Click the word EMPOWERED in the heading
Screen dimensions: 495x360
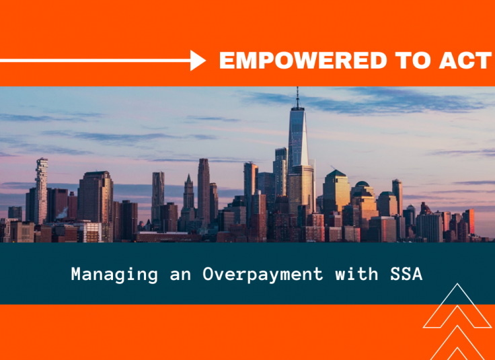(303, 61)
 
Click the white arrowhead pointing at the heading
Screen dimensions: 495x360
(198, 61)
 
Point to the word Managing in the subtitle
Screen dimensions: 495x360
(114, 275)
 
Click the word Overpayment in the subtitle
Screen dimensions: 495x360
(263, 275)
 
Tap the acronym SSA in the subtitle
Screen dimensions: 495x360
(406, 274)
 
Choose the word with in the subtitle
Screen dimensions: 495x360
(356, 273)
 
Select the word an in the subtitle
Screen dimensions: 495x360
(180, 275)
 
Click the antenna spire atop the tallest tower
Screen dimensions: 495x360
(297, 98)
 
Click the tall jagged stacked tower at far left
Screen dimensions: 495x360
(41, 191)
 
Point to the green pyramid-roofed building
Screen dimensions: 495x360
(336, 192)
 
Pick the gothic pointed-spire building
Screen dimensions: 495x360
(189, 196)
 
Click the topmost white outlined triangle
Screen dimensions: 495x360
(457, 305)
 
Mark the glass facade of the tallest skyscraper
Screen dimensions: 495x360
(299, 142)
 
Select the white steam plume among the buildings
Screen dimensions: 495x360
(63, 213)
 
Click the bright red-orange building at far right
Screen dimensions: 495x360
(469, 221)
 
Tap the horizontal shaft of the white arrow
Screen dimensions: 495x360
(96, 61)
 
